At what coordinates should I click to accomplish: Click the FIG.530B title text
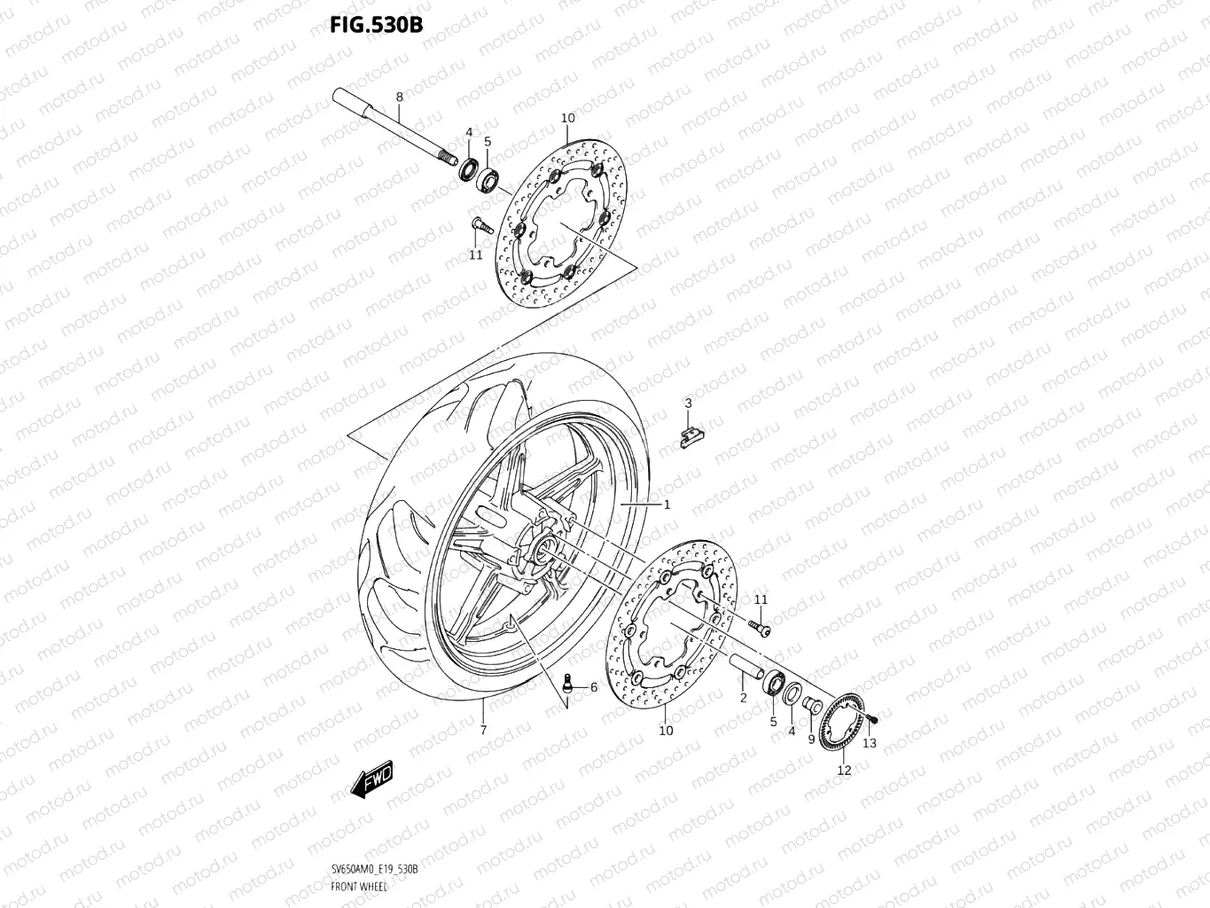coord(376,24)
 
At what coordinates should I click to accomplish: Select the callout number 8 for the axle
coord(399,96)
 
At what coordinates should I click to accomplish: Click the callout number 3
coord(687,404)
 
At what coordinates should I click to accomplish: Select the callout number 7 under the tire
coord(483,730)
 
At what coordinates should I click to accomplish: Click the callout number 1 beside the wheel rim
coord(667,504)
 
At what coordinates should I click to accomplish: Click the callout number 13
coord(869,743)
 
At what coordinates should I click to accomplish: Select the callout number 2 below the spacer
coord(743,698)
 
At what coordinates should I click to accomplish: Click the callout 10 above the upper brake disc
coord(567,118)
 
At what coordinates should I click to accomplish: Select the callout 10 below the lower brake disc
coord(666,731)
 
